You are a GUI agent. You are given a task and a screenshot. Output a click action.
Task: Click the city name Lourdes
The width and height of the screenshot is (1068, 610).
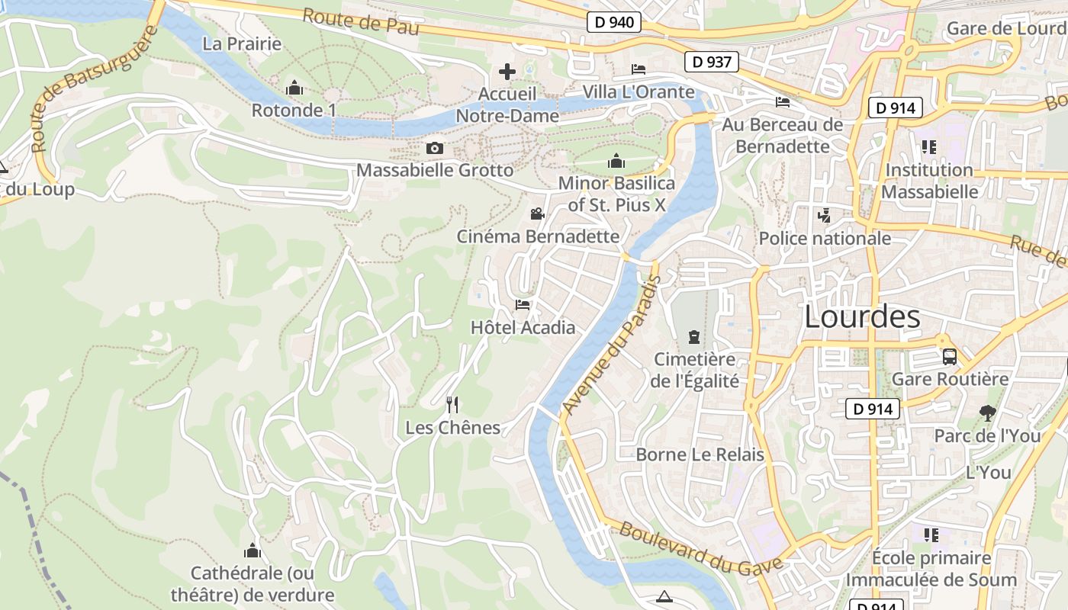coord(862,316)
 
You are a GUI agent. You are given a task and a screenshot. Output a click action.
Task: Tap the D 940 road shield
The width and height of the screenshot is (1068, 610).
coord(613,22)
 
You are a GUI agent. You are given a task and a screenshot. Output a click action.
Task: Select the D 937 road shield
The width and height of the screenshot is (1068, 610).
coord(712,62)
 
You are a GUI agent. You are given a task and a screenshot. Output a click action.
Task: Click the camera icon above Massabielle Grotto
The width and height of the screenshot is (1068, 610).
coord(435,148)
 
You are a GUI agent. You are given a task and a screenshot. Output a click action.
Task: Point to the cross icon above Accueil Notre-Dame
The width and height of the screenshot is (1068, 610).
coord(507,72)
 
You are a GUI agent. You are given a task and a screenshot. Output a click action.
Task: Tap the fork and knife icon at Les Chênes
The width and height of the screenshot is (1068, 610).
coord(452,404)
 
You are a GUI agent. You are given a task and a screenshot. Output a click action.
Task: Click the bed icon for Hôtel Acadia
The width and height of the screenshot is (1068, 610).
coord(523,305)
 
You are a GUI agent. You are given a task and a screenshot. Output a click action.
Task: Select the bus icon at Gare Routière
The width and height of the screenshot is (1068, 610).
coord(950,356)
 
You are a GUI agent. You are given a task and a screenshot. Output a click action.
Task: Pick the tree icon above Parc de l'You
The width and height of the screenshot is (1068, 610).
coord(988,413)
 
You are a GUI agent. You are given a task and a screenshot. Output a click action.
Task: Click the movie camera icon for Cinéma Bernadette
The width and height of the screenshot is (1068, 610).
coord(538,213)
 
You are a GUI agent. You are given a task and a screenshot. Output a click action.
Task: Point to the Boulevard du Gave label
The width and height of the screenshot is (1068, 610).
coord(700,547)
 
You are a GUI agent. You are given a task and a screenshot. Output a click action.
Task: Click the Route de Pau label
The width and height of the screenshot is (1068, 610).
coord(361,21)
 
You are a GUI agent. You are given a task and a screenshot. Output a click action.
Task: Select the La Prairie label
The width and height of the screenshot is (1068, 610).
coord(242,43)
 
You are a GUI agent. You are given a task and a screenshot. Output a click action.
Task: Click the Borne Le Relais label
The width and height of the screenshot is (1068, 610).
coord(700,455)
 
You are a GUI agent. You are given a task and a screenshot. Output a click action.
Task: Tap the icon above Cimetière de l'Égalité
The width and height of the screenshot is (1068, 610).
coord(694,336)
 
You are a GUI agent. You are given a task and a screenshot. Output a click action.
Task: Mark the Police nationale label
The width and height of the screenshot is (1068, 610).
coord(825,239)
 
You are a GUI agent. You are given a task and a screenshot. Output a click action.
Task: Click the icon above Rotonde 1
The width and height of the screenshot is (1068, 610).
coord(294,88)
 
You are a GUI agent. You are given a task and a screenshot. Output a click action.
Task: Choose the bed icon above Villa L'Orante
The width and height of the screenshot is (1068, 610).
coord(639,69)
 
